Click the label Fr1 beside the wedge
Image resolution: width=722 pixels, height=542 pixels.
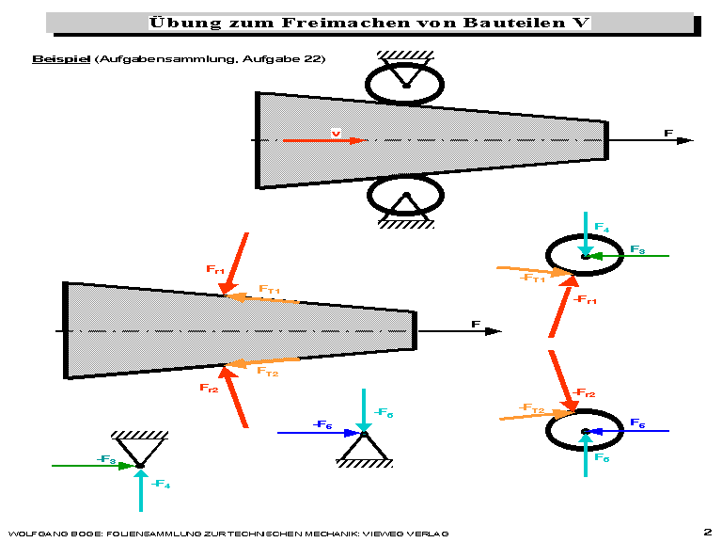coord(215,270)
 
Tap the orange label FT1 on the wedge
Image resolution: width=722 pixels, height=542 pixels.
coord(270,290)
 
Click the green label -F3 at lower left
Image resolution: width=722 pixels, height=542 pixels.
coord(106,460)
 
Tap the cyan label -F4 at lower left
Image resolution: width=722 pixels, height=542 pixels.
coord(160,485)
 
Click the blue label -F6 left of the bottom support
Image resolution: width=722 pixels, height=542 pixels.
coord(322,425)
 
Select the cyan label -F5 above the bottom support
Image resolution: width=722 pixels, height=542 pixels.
coord(384,413)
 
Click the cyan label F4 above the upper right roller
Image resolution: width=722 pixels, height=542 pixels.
coord(602,229)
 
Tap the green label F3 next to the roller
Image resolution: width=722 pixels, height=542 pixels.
coord(636,250)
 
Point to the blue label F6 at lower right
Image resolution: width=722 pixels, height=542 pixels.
coord(636,423)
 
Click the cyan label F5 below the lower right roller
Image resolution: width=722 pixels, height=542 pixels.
coord(602,458)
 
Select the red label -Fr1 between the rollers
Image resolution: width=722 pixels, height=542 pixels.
coord(585,300)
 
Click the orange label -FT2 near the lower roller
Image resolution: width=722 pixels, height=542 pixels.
coord(532,408)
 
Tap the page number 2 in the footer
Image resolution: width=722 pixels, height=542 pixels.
coord(706,531)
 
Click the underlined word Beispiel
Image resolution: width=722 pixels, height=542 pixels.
coord(60,58)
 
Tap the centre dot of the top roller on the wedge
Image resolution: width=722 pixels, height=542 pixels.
coord(406,86)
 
